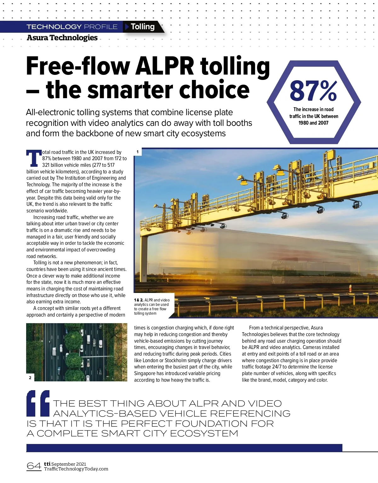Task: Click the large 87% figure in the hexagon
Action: tap(313, 91)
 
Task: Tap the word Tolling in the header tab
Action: tap(143, 27)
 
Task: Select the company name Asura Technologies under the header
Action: tap(62, 38)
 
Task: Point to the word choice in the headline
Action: tap(214, 90)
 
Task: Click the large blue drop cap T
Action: tap(34, 158)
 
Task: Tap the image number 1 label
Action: tap(137, 152)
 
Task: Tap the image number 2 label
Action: tap(30, 378)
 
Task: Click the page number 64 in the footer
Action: tap(34, 466)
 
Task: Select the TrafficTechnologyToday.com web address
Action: tap(76, 469)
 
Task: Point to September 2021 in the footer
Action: tap(69, 464)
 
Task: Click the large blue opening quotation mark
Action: tap(38, 403)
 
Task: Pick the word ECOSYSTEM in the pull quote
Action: tap(204, 434)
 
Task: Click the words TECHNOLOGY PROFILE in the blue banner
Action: tap(72, 27)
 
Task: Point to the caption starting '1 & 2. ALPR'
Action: tap(152, 306)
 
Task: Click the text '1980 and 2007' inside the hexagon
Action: tap(313, 123)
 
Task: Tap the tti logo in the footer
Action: tap(47, 464)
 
